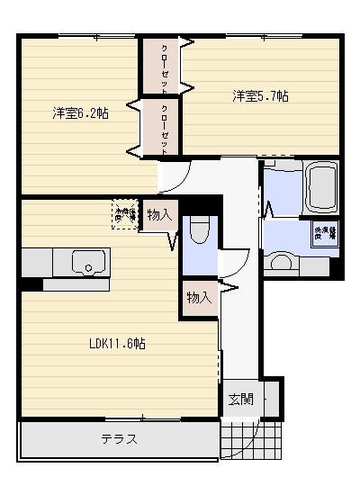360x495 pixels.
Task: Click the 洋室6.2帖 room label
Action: (x=81, y=113)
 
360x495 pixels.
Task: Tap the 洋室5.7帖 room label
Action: (x=261, y=95)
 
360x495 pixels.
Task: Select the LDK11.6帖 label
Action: (x=118, y=344)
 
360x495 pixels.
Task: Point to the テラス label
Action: (x=118, y=439)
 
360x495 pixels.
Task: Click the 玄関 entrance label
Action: (x=240, y=400)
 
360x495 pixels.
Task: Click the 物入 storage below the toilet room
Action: (x=199, y=297)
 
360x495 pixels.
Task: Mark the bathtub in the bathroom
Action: (x=321, y=187)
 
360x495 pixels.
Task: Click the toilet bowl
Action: (x=200, y=230)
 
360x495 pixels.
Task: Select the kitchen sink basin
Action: (x=88, y=263)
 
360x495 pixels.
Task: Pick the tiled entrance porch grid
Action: (x=238, y=441)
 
